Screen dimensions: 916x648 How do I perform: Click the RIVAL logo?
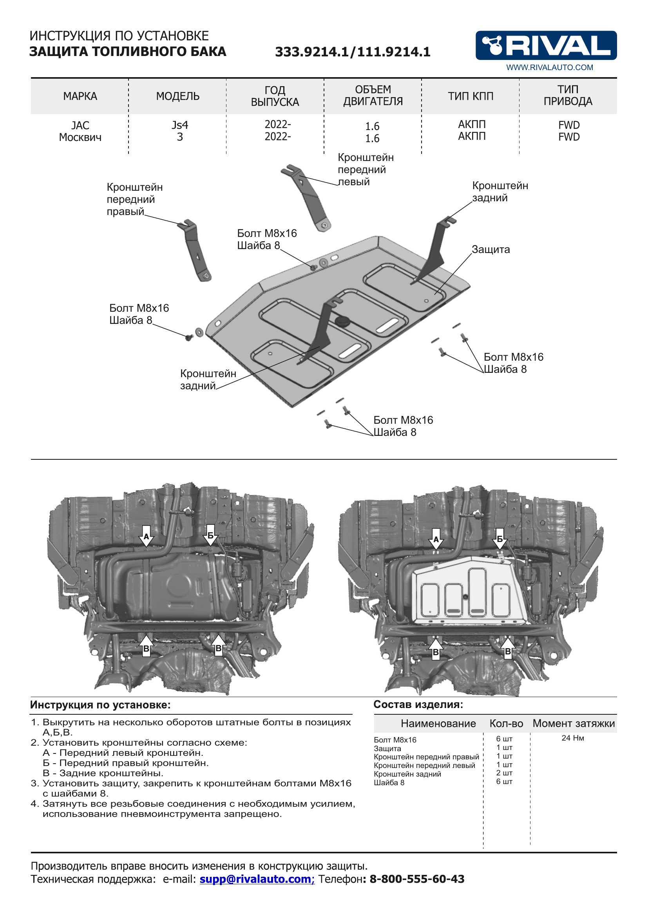coord(545,45)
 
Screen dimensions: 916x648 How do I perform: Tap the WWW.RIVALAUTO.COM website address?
coord(549,67)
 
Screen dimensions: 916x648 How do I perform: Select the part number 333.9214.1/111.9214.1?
coord(352,52)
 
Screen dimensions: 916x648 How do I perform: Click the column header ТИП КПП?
coord(471,96)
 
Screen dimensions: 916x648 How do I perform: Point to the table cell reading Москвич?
coord(80,137)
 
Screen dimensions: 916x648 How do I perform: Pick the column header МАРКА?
coord(80,96)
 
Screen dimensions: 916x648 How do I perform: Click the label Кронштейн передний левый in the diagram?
coord(365,170)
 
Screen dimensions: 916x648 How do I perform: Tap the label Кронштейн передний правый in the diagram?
coord(134,199)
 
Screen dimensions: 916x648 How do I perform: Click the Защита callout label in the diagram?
coord(491,250)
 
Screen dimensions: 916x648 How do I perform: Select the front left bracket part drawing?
coord(307,197)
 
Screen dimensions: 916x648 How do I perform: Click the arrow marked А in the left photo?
coord(147,536)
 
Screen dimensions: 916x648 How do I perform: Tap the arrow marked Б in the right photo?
coord(499,538)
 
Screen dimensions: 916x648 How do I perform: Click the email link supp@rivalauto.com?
coord(257,878)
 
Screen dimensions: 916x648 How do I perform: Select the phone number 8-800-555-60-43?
coord(416,878)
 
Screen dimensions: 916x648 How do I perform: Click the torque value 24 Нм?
coord(573,738)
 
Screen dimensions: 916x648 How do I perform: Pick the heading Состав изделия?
coord(418,704)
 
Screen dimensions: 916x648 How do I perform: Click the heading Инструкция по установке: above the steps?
coord(100,705)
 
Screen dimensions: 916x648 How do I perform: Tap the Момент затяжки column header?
coord(574,723)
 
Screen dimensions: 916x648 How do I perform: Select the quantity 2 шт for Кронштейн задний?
coord(504,773)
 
